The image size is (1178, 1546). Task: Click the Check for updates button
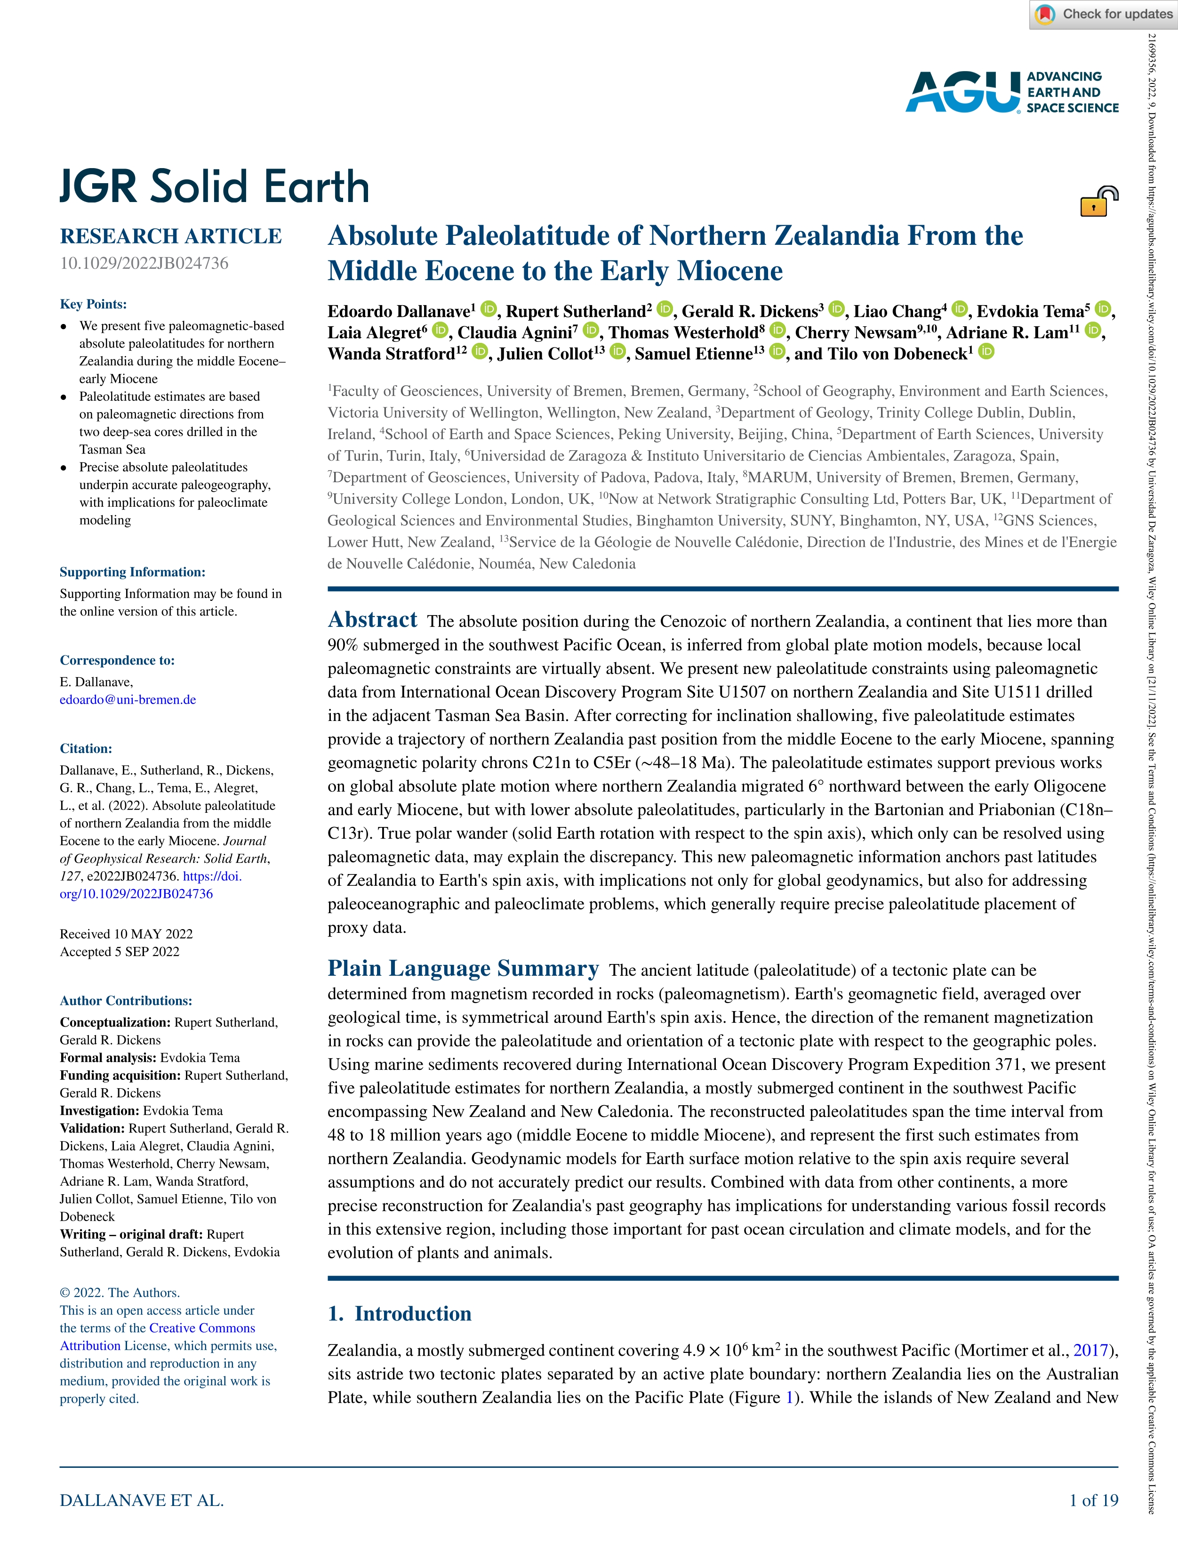point(1104,14)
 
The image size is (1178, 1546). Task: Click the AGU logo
point(1012,92)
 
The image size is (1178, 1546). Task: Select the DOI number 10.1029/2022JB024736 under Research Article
point(144,263)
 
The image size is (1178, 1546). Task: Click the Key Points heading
point(93,304)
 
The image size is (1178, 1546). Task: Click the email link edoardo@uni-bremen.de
point(128,699)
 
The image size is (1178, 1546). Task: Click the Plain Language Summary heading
point(463,968)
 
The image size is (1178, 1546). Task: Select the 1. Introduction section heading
point(400,1313)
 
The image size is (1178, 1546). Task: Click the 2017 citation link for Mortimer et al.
point(1091,1350)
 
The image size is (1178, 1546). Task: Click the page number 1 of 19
point(1093,1500)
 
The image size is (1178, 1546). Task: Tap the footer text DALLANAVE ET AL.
point(142,1500)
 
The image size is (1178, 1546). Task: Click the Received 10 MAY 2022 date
point(126,934)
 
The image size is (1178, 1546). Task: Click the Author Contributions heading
point(126,1000)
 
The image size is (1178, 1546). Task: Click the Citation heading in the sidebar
point(86,748)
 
